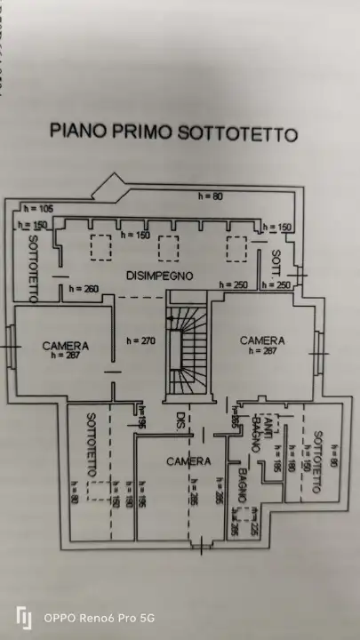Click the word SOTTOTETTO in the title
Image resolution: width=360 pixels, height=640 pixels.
click(x=239, y=133)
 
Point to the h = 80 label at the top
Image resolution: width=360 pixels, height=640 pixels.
click(x=211, y=195)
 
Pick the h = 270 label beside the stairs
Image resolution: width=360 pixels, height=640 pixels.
click(x=140, y=340)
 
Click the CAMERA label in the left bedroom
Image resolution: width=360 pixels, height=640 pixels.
click(x=65, y=345)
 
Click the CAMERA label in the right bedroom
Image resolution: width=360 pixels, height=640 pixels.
click(x=262, y=340)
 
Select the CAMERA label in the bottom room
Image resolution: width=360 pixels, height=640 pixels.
click(x=188, y=461)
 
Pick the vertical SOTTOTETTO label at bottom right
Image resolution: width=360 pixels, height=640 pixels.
click(x=318, y=461)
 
